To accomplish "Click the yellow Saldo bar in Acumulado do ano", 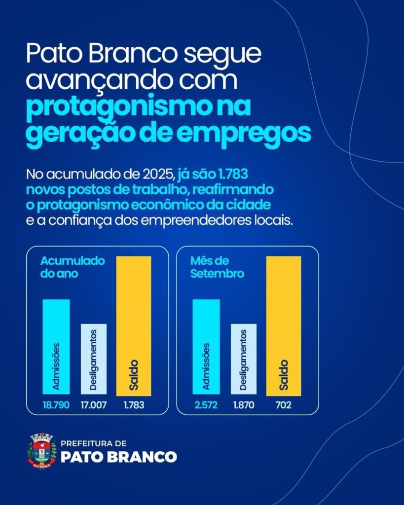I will click(134, 325).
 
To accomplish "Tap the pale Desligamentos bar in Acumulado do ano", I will click(93, 359).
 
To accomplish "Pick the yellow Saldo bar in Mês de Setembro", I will click(283, 325).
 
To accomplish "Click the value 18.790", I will click(56, 405).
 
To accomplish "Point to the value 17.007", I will click(93, 405).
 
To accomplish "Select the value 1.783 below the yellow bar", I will click(133, 405).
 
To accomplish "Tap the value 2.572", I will click(206, 405).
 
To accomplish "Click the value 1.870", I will click(243, 405).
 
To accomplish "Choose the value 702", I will click(283, 405).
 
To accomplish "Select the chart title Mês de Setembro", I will click(217, 267).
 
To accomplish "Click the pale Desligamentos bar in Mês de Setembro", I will click(243, 359).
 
